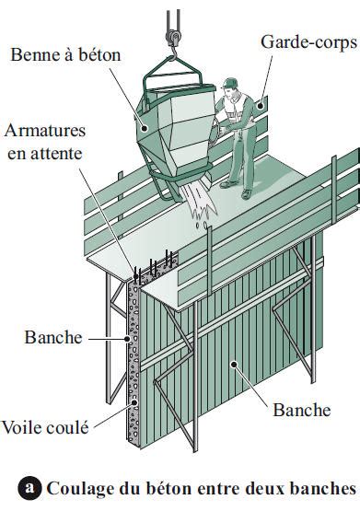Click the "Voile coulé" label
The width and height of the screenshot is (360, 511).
coord(48,427)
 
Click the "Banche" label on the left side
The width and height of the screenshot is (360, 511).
coord(54,337)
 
